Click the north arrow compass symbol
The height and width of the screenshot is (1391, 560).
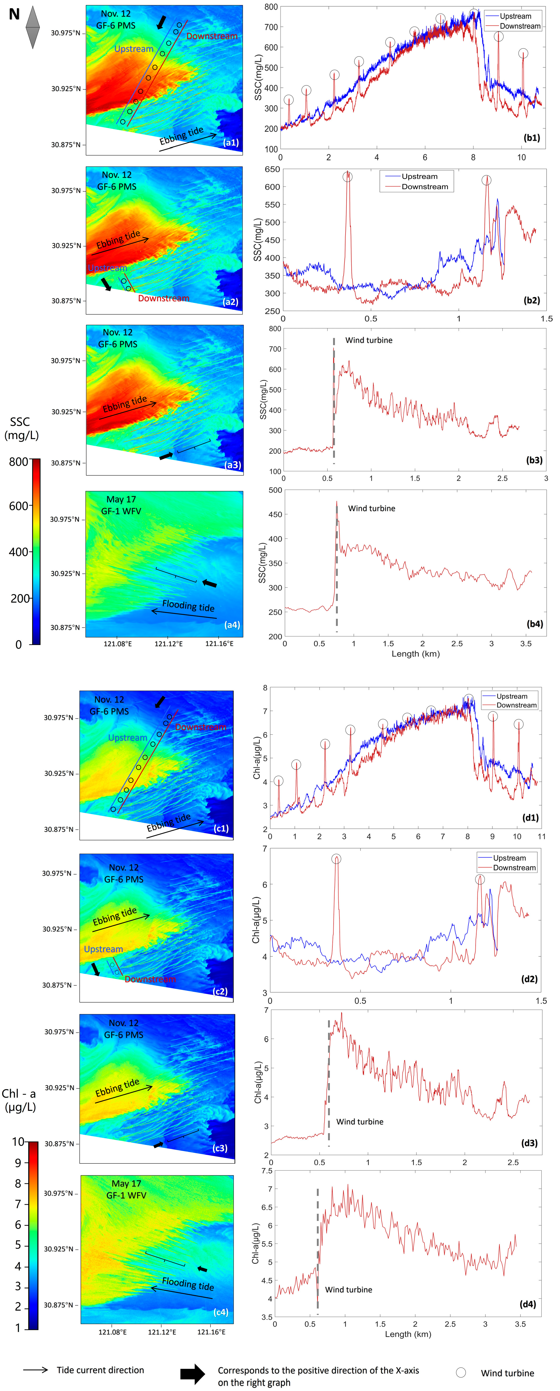tap(32, 27)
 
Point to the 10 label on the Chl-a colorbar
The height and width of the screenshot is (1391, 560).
tap(18, 1142)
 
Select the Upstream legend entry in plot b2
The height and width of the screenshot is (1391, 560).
tap(419, 177)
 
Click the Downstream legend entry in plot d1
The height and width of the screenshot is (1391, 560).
tap(516, 705)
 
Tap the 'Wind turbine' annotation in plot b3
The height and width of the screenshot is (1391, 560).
tap(369, 340)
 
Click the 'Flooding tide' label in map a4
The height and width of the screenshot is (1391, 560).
tap(188, 606)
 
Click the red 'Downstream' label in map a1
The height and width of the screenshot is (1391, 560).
tap(212, 36)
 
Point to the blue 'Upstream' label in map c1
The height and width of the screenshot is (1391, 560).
tap(127, 738)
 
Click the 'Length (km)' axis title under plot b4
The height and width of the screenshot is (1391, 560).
tap(415, 654)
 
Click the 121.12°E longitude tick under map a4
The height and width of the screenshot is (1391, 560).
tap(168, 644)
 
